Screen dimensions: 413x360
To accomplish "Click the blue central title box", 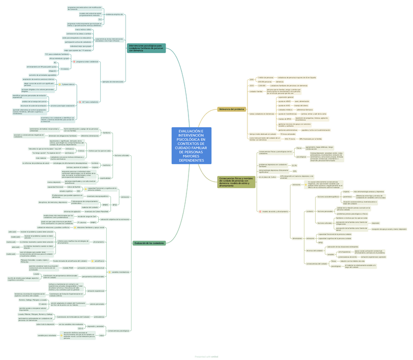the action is click(x=191, y=146).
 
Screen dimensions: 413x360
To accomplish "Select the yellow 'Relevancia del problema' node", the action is click(x=232, y=109).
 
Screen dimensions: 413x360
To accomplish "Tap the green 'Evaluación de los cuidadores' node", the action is click(x=149, y=243).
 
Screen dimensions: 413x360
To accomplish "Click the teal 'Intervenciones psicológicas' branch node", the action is click(x=146, y=48).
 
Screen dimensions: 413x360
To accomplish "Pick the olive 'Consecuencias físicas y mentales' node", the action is click(x=236, y=182).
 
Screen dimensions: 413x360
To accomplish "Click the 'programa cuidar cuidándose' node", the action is click(x=87, y=62).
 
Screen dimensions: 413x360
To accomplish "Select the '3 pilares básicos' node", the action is click(x=68, y=84).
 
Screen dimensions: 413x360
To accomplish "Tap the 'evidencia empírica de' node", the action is click(x=114, y=15).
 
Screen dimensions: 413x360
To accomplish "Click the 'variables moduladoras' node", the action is click(x=120, y=272).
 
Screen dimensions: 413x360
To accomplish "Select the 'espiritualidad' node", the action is click(x=105, y=178).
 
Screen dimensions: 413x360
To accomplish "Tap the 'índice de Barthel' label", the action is click(x=74, y=187).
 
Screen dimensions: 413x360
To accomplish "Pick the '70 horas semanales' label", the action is click(x=288, y=134).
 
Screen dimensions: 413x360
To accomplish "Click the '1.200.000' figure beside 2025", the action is click(x=262, y=85).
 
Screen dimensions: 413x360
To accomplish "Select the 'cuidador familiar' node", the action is click(x=256, y=91).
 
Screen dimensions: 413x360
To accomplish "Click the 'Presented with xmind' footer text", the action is click(x=206, y=357).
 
